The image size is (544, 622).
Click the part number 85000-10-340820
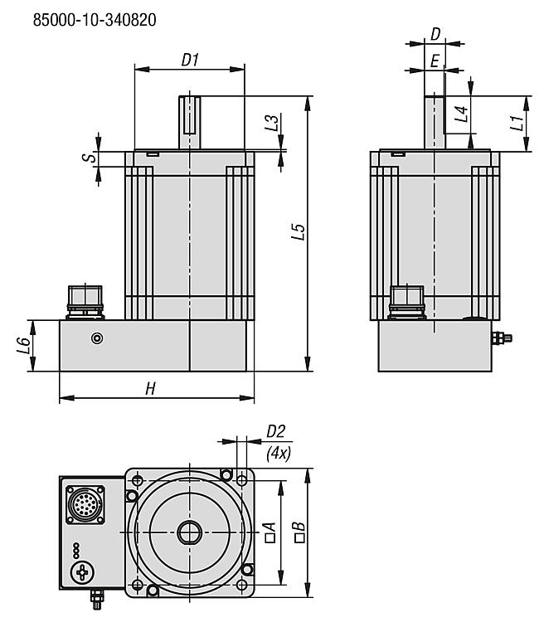95,19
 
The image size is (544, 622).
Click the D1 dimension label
191,59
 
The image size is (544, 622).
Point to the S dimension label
93,156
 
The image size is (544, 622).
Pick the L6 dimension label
24,342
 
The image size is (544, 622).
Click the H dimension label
150,388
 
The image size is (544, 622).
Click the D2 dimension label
276,432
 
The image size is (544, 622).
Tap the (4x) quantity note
277,454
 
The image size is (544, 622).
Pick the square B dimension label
299,532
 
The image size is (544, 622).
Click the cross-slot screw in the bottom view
82,572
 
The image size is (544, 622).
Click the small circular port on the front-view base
99,338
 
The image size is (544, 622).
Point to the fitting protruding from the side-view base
502,338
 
